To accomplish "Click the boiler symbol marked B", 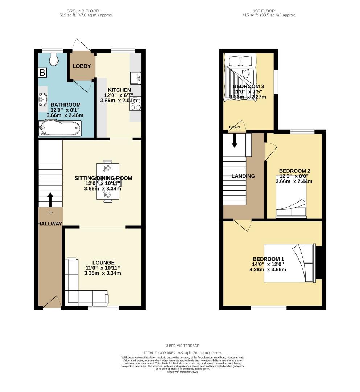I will point(42,73).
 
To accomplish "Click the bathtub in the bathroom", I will point(59,128).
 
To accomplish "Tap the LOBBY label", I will point(82,66).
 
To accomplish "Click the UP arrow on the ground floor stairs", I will point(50,199).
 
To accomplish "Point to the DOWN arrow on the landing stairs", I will point(235,140).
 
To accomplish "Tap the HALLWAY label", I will point(50,224).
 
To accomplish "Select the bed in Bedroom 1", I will point(289,263).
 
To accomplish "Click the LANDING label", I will point(243,176).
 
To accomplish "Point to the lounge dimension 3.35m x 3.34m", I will point(103,273).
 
